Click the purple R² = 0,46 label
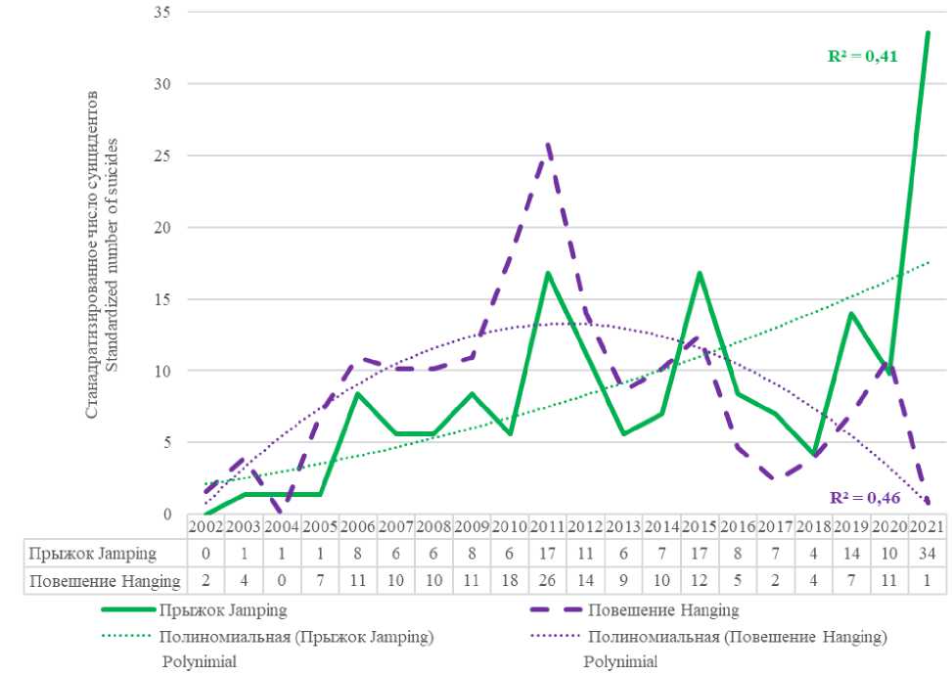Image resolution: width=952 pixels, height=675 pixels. point(864,497)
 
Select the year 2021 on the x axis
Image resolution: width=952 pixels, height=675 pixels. point(927,526)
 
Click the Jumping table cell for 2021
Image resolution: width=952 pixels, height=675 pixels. point(927,554)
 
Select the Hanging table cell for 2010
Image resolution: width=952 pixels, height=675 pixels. point(510,582)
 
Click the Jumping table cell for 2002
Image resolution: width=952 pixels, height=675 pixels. point(206,554)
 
